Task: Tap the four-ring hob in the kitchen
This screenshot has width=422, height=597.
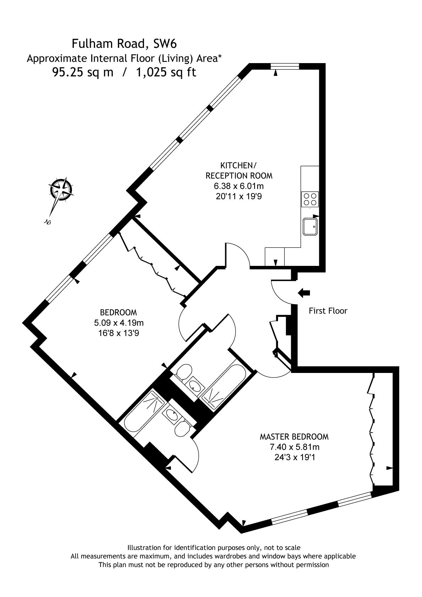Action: coord(310,199)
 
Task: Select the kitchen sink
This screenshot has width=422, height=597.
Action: coord(310,227)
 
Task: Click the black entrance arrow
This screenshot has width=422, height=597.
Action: coord(304,293)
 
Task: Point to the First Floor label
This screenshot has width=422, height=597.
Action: coord(328,311)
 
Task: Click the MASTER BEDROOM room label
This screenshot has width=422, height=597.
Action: coord(294,437)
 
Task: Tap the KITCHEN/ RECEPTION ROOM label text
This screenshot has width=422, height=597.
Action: coord(239,171)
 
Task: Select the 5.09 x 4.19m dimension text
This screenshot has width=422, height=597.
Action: coord(119,323)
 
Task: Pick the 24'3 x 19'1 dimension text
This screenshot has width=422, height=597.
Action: coord(295,457)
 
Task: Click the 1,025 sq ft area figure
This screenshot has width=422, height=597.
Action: coord(166,72)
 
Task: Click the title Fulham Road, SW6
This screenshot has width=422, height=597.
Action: coord(124,44)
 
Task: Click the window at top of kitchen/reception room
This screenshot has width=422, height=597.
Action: coord(284,66)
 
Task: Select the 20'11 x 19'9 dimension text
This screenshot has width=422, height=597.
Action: coord(239,196)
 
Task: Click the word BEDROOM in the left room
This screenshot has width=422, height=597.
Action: coord(118,312)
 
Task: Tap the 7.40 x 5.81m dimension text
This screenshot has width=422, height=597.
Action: coord(295,447)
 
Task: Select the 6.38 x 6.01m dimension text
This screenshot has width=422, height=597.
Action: coord(239,186)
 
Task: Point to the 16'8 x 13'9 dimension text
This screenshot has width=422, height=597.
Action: coord(119,333)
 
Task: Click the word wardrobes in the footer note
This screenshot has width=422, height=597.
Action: coord(228,556)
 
